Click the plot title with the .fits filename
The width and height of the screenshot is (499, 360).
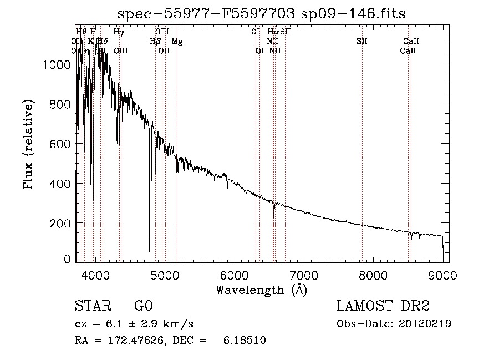(262, 14)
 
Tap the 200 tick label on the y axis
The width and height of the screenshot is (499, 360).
(60, 223)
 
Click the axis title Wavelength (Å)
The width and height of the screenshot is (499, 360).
(261, 290)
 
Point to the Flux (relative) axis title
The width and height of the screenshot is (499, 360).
(28, 144)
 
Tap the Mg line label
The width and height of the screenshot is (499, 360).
(176, 42)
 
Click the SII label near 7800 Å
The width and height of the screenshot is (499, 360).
(361, 42)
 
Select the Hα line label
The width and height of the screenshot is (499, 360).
(273, 32)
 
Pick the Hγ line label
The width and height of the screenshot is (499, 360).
(119, 32)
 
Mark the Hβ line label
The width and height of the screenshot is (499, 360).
(155, 42)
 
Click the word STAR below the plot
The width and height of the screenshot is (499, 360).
(91, 307)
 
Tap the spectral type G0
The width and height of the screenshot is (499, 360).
(143, 307)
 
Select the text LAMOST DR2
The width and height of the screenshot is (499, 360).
(383, 307)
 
